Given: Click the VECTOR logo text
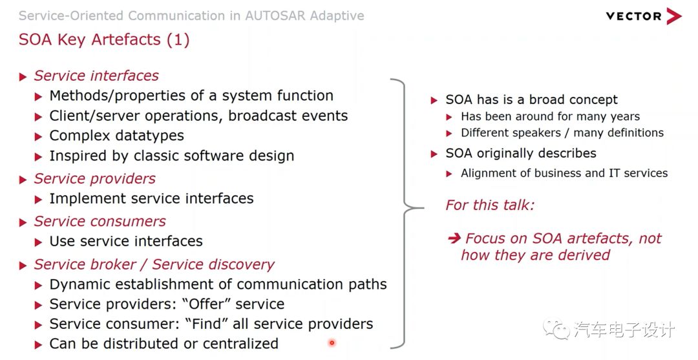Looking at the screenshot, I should click(x=633, y=16).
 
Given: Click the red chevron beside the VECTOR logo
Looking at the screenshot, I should click(x=674, y=16).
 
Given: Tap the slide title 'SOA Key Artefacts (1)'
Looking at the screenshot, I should click(x=104, y=39).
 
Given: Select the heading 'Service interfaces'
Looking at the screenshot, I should click(x=96, y=76).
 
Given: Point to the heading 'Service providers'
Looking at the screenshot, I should click(x=95, y=178).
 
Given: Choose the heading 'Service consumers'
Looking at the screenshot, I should click(x=100, y=221).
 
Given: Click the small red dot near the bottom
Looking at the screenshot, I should click(x=332, y=343).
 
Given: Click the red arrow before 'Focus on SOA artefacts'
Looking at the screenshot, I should click(x=454, y=238).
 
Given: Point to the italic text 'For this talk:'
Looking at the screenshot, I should click(x=490, y=206).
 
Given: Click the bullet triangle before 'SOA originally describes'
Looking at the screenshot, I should click(x=435, y=154).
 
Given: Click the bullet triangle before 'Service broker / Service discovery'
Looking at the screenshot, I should click(x=23, y=265).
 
